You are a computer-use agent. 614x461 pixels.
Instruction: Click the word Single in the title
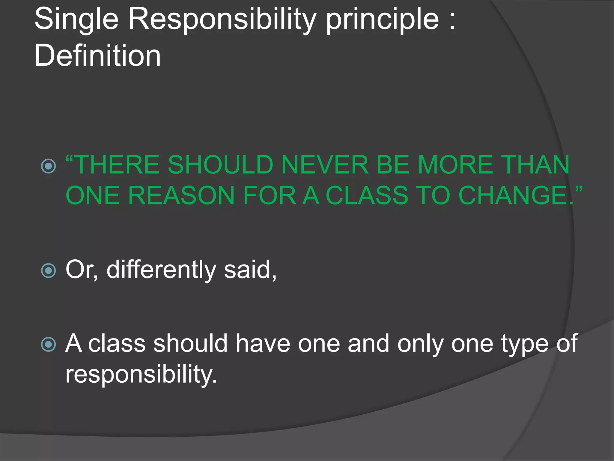pos(76,20)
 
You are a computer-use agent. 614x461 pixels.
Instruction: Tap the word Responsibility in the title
pos(222,20)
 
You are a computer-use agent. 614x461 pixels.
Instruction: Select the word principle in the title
pos(382,20)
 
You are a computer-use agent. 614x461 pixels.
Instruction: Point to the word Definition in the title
pos(97,56)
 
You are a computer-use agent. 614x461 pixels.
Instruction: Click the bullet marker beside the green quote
pos(49,166)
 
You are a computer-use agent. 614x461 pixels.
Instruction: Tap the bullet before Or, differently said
pos(49,270)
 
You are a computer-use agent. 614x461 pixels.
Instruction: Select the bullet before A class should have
pos(49,344)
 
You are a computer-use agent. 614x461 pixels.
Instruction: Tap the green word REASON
pos(181,196)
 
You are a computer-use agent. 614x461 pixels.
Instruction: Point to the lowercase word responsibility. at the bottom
pos(141,375)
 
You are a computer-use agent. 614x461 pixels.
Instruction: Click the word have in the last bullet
pos(263,344)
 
